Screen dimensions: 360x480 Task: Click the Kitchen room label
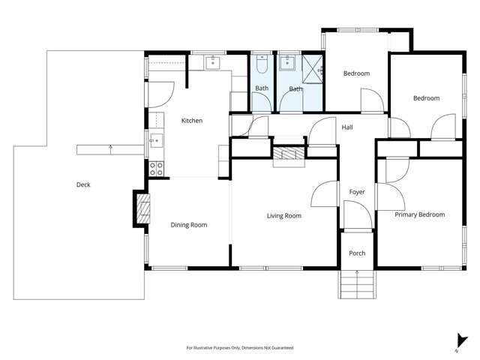[x=192, y=121]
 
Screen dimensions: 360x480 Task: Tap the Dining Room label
[x=188, y=225]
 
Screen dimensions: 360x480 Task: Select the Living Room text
[x=283, y=216]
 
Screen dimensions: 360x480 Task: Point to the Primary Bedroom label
[x=419, y=214]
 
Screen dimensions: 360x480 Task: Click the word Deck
[x=83, y=184]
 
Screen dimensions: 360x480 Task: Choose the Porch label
[x=357, y=253]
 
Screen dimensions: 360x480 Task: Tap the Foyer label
[x=357, y=192]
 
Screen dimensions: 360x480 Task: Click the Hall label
[x=347, y=127]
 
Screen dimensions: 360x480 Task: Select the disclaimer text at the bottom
[x=239, y=348]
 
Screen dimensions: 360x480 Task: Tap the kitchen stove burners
[x=156, y=168]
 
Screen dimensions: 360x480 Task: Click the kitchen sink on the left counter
[x=155, y=139]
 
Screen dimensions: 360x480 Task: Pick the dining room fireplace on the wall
[x=141, y=207]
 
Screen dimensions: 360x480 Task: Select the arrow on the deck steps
[x=111, y=148]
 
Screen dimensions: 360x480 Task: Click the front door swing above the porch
[x=357, y=218]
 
